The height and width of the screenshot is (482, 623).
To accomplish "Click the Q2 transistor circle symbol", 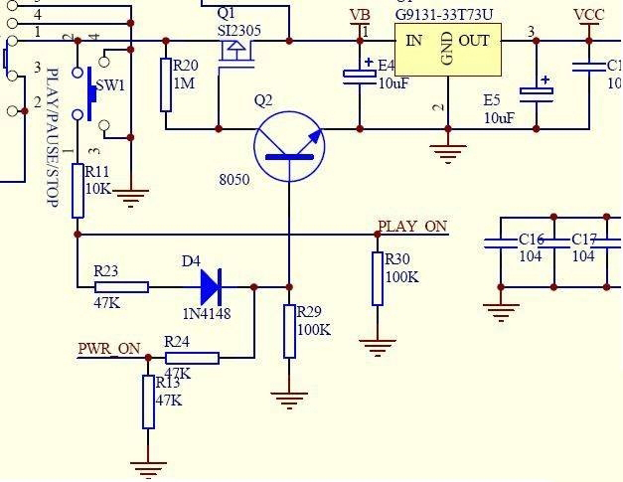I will coord(289,147).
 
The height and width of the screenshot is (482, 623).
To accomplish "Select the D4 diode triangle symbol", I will coord(210,287).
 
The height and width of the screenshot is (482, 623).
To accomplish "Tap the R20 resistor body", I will coord(165,84).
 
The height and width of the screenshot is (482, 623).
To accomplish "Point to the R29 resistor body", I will coord(289,331).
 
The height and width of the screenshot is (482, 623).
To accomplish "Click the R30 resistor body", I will coord(378,278).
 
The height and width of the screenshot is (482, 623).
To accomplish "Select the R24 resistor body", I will coord(193,358).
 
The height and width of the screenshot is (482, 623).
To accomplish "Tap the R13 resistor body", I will coord(148,402).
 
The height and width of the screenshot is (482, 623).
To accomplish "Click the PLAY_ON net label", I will coord(412,227).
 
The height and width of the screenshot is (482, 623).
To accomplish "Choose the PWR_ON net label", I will coord(109,349).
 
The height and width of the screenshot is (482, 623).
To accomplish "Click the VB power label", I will coord(361,16).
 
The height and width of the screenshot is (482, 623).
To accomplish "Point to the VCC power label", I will coord(589,16).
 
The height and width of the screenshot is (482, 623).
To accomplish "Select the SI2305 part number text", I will coord(239,31).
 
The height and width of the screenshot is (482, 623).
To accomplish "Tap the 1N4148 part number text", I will coord(207,314).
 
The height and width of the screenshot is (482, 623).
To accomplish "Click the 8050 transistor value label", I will coord(234,180).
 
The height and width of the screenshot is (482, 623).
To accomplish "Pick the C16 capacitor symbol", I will coord(501,242).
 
